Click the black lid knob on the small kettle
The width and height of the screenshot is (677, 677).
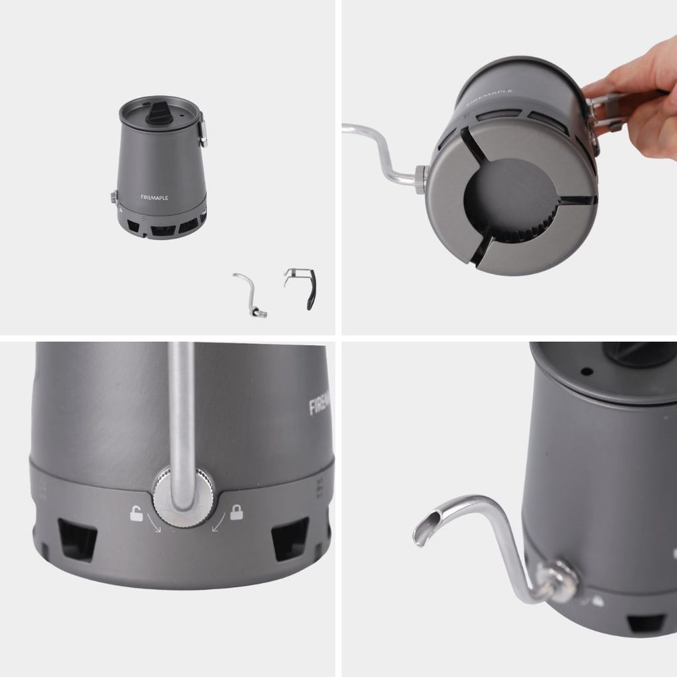point(157,114)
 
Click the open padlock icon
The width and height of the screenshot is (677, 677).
point(136,513)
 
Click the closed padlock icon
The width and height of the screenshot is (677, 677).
point(236,512)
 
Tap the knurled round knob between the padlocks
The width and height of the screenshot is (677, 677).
point(184,498)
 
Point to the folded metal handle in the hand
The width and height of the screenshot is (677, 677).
point(603,110)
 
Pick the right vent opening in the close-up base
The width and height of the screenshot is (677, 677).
point(290,538)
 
